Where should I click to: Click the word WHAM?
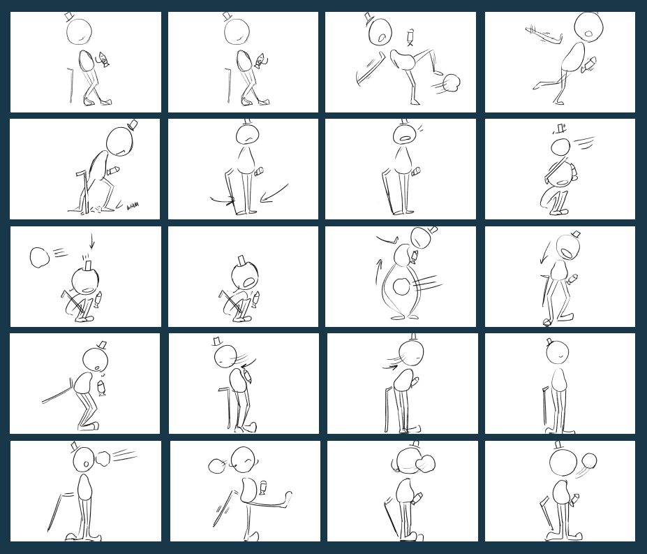133,205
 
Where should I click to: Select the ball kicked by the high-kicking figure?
452,83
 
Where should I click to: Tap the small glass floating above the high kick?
410,36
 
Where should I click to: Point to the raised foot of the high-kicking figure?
438,72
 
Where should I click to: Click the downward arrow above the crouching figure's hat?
91,241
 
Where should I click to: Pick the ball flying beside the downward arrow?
39,257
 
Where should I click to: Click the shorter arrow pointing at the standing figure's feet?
223,201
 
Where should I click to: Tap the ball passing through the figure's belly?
401,286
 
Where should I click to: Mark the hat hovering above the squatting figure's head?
558,129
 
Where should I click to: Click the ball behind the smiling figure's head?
216,466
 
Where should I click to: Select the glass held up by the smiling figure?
263,486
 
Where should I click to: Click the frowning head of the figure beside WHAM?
119,142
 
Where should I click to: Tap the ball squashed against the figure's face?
424,463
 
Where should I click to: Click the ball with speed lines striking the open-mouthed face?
104,459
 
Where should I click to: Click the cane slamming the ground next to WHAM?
85,189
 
